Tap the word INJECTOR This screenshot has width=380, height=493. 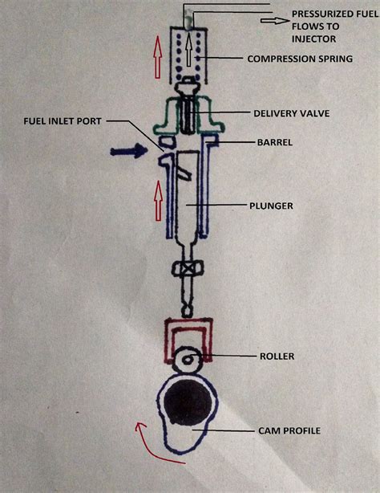316,38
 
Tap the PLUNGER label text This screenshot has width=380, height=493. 269,206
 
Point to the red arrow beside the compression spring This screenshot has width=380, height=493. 156,58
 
